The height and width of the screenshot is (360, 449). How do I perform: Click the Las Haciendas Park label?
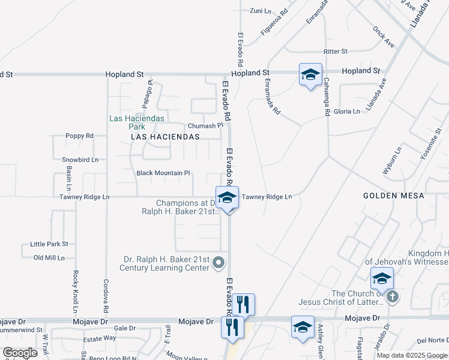coord(137,122)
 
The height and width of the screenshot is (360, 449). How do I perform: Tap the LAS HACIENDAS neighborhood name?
coord(165,137)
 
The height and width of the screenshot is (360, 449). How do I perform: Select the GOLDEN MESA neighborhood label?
coord(394,196)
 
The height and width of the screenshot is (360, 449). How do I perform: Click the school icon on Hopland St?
coord(310,75)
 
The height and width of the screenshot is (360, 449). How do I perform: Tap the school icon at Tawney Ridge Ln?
coord(227,198)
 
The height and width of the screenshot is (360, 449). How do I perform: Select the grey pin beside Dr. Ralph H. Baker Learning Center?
coord(219,262)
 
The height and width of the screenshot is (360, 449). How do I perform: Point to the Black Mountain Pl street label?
coord(163,173)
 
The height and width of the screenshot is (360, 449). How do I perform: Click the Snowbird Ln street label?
coord(80,160)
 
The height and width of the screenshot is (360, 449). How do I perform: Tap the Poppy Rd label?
coord(80,136)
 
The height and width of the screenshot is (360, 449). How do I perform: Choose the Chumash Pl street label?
coord(205,126)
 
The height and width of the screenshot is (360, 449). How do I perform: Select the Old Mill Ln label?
coord(49,257)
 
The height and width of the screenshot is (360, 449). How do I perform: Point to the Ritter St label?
coord(336,52)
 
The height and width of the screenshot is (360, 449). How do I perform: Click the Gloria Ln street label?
coord(348,111)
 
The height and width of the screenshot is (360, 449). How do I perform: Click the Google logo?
coord(20,353)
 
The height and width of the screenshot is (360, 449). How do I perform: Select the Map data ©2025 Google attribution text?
coord(412,355)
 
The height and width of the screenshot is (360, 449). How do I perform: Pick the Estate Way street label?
coord(101,338)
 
